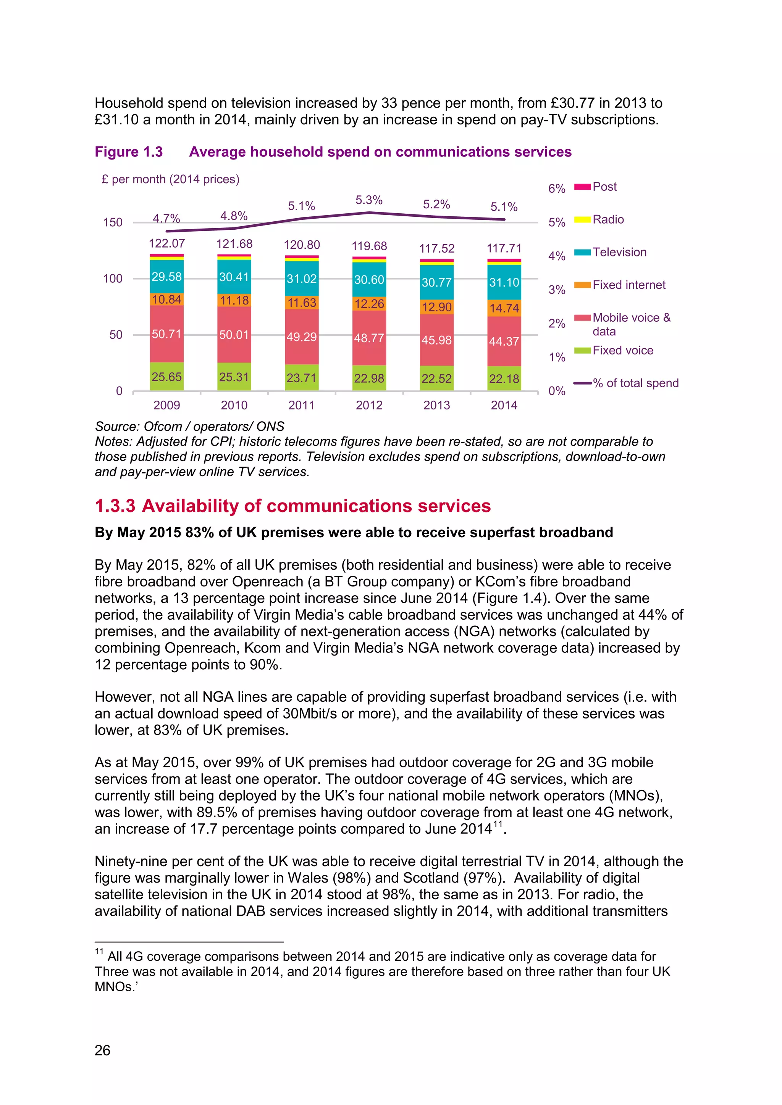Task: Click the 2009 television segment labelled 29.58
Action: tap(166, 277)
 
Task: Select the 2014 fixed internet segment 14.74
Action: tap(504, 308)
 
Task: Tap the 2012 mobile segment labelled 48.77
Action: tap(369, 338)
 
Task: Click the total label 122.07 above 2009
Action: tap(166, 243)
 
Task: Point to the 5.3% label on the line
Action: tap(369, 200)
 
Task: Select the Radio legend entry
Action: tap(608, 219)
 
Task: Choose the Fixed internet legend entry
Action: tap(629, 285)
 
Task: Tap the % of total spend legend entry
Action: tap(635, 383)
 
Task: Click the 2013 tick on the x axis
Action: tap(436, 405)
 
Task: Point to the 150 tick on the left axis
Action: tap(113, 222)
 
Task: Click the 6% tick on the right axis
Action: tap(557, 188)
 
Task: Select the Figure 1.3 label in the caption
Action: tap(129, 152)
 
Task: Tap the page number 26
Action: tap(103, 1050)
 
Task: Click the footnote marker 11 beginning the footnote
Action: tap(99, 952)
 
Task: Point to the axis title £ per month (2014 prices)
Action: tap(170, 179)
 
